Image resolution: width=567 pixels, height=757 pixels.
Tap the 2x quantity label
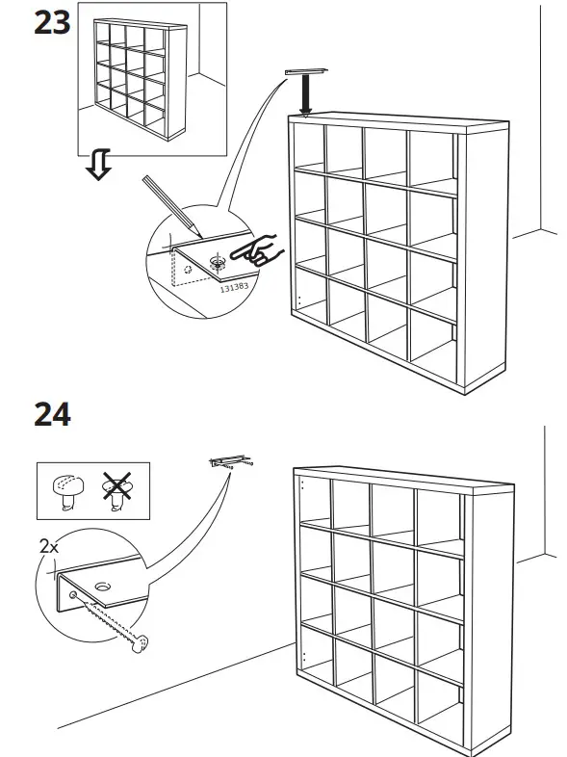point(48,546)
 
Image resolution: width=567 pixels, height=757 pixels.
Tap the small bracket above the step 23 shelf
point(306,74)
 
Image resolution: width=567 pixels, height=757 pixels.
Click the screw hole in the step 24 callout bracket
point(102,586)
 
